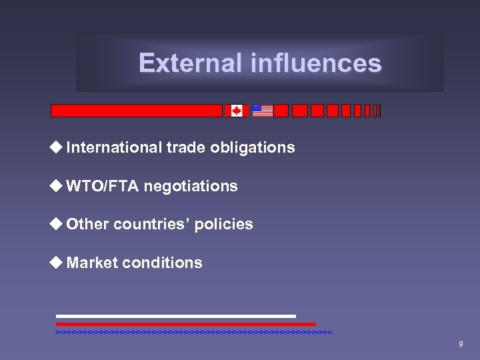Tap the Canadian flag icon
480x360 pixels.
[237, 111]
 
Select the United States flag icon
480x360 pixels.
[263, 111]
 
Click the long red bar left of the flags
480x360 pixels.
[137, 111]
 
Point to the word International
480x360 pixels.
[114, 147]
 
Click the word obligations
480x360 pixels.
[253, 147]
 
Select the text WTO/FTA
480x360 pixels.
[103, 186]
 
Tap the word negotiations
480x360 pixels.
[191, 186]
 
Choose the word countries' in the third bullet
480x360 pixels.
[153, 225]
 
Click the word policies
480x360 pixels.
[225, 225]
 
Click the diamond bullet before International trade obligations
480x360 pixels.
[58, 147]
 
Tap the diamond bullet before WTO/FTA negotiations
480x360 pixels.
[58, 186]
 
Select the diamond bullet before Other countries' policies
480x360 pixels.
[58, 225]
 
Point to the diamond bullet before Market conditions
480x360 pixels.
[58, 263]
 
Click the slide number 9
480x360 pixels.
[460, 345]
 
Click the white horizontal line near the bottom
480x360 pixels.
[176, 316]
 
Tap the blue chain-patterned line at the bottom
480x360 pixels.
[193, 331]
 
